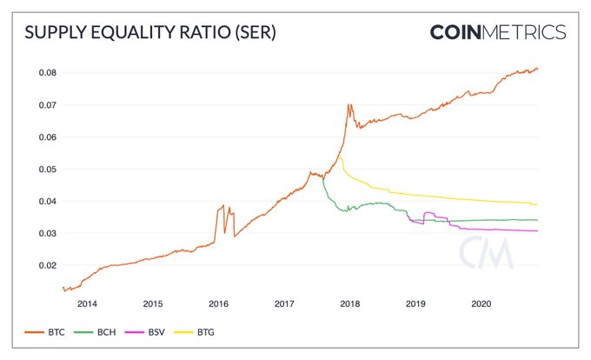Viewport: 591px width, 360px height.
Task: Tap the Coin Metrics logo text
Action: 497,32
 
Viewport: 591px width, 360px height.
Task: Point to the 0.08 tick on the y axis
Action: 45,72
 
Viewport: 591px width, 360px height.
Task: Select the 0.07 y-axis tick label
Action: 45,104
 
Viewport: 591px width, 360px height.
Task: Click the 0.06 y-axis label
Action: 45,137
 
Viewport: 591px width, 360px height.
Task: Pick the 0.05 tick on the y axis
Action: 45,169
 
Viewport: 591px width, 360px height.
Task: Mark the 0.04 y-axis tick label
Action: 45,201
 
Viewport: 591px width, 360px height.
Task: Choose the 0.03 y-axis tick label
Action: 45,233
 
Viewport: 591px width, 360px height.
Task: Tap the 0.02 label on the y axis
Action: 45,265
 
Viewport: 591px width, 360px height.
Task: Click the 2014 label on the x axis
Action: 87,304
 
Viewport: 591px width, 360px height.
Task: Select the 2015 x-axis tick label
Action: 153,304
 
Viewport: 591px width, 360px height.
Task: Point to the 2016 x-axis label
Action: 219,304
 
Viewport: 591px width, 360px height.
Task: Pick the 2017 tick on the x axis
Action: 284,304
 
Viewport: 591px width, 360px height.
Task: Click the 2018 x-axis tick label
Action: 350,304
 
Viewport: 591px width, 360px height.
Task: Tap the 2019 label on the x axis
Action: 416,304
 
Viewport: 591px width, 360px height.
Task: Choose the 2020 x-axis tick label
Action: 482,304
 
